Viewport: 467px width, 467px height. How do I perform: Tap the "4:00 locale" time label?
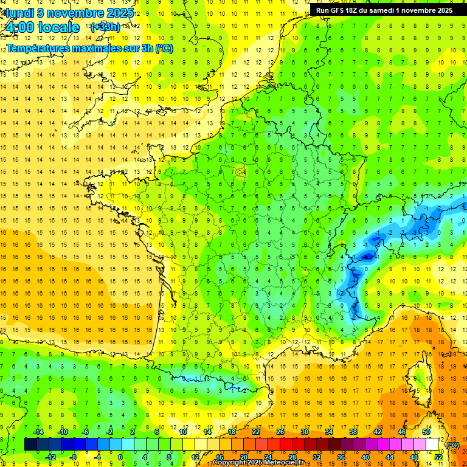pos(41,27)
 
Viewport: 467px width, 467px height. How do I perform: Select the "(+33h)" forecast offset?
pos(105,27)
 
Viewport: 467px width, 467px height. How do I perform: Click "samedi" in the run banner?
pos(386,10)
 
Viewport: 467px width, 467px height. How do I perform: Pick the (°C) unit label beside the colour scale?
pos(452,445)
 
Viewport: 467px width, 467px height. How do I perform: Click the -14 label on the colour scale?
pos(38,432)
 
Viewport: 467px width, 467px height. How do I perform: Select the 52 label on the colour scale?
pos(438,457)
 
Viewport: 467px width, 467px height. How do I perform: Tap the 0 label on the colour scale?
pos(120,457)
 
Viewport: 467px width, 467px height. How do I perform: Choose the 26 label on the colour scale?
pos(280,432)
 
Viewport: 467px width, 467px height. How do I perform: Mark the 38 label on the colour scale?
pos(353,432)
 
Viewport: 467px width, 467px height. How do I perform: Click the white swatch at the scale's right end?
pos(432,444)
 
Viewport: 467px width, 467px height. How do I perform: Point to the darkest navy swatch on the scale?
pos(30,444)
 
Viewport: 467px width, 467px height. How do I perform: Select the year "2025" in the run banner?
pos(441,10)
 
